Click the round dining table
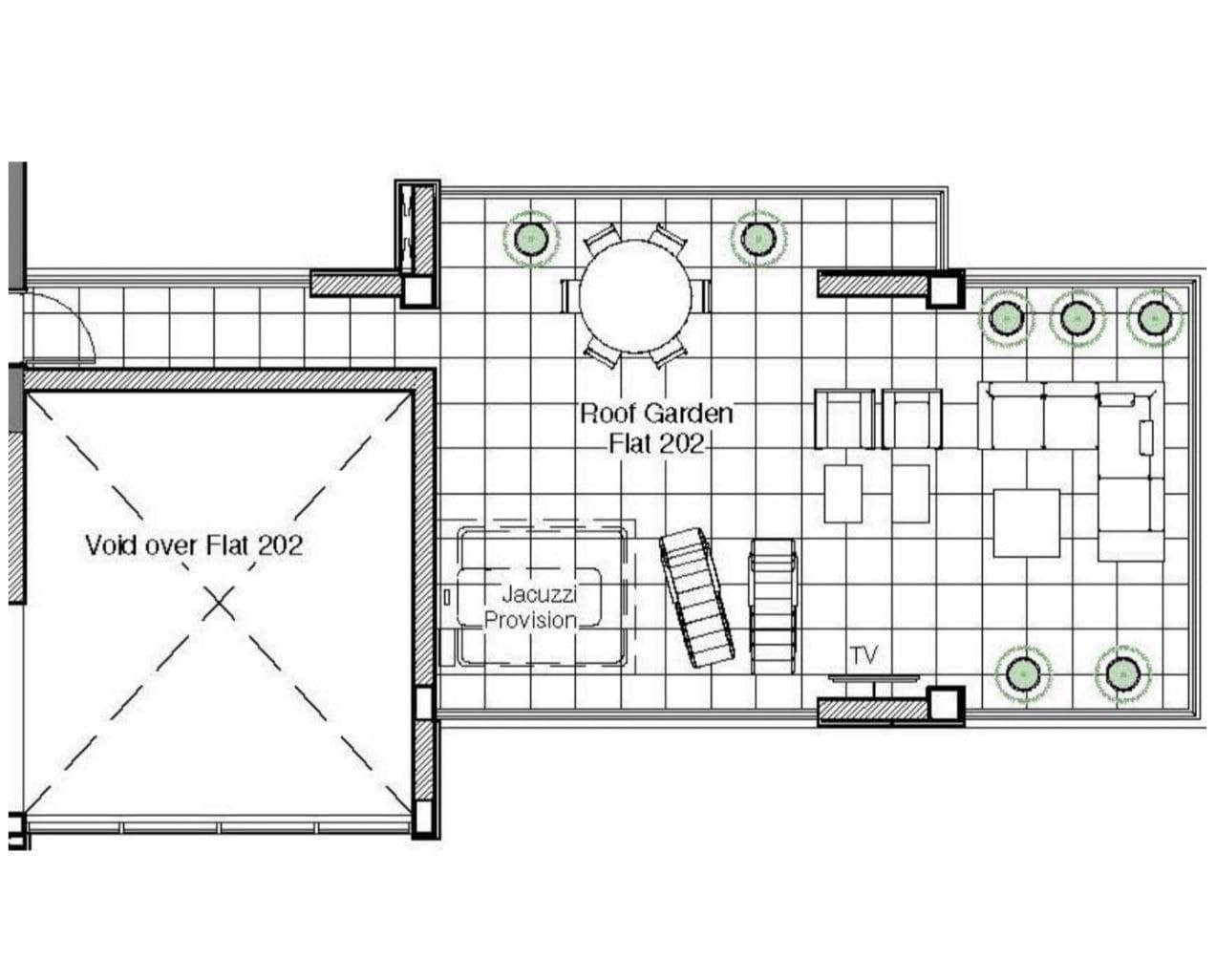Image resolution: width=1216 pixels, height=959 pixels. click(635, 296)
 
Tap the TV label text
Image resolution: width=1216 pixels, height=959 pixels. click(864, 655)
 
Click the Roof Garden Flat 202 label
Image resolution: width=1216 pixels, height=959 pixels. click(656, 428)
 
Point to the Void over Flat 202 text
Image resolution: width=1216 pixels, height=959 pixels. click(194, 545)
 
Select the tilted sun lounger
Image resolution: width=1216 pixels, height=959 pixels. click(696, 596)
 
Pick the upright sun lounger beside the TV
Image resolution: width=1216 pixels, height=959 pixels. click(773, 606)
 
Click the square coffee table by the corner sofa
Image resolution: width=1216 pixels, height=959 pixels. click(1026, 522)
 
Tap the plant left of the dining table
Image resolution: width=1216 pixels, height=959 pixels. click(530, 239)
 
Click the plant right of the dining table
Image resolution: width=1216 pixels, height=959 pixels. click(758, 239)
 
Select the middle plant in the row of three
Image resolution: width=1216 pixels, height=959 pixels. click(1077, 318)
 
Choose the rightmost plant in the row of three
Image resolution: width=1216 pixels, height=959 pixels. click(1154, 318)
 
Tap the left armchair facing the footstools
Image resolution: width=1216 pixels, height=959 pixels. click(844, 419)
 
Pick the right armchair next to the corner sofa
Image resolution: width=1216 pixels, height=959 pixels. click(912, 419)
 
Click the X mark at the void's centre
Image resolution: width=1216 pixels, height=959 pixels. click(219, 603)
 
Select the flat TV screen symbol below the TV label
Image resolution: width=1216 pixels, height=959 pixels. click(874, 677)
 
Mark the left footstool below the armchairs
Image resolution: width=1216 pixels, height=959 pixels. click(843, 494)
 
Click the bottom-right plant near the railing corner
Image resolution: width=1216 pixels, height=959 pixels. click(1122, 674)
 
